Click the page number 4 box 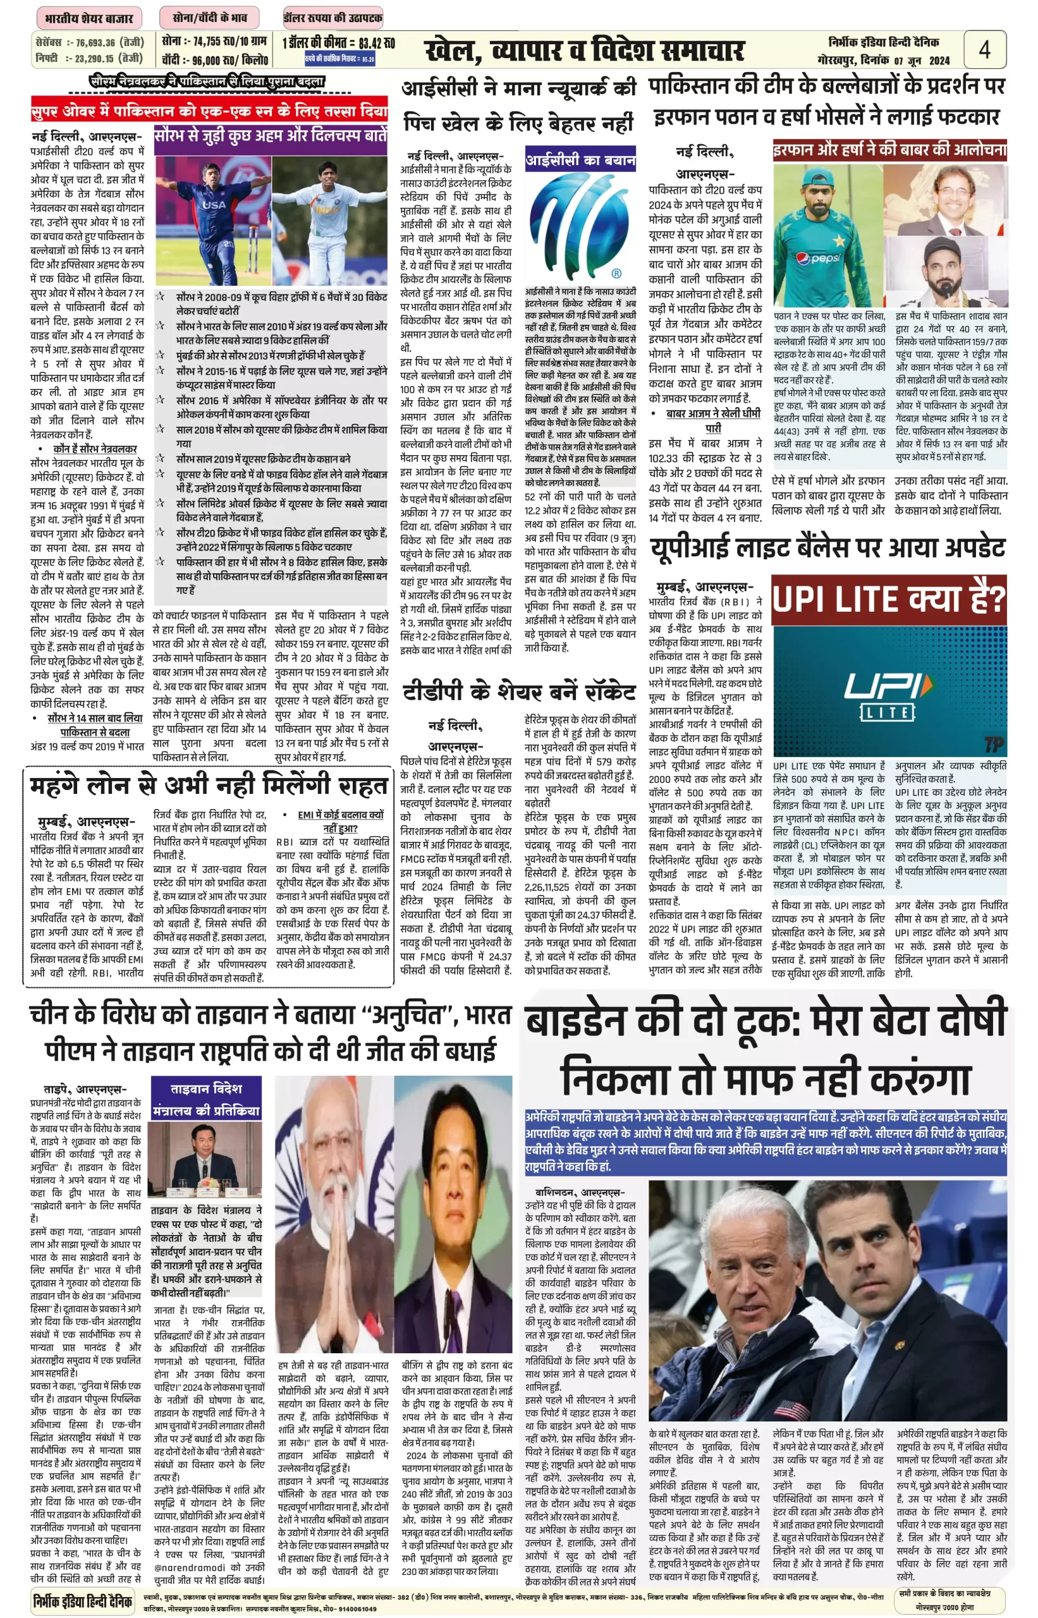pos(984,49)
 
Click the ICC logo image pos(580,226)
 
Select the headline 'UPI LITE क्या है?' pos(888,599)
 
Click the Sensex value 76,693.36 pos(95,42)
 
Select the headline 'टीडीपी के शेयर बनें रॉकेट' pos(519,692)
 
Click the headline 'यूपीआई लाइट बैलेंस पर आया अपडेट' pos(827,548)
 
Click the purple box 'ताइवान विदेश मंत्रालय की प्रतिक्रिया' pos(205,1099)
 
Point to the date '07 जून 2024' pos(922,61)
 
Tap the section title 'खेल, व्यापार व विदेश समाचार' pos(584,51)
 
